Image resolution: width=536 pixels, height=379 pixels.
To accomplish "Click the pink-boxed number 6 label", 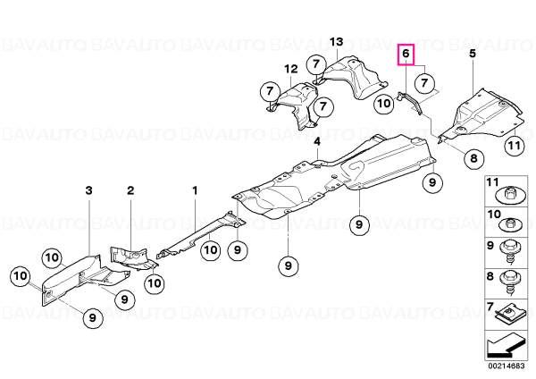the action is pos(406,54).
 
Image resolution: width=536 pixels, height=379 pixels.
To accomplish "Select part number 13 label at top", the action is pos(337,42).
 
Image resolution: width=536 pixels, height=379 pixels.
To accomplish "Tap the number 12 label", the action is pos(291,69).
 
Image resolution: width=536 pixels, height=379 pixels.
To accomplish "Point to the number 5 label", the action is pos(473,54).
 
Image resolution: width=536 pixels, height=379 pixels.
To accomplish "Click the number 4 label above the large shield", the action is pos(317,141).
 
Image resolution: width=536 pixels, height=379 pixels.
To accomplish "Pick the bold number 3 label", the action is pos(88,190).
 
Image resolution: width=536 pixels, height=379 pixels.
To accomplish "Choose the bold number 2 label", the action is pos(130,190).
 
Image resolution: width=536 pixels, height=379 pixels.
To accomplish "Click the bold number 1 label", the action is pos(195,190).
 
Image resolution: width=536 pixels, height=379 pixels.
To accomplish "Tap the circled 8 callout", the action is pos(473,158).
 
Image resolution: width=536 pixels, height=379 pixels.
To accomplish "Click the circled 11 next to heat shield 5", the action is pos(515,146).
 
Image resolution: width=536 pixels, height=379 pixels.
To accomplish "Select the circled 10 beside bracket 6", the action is pos(384,103).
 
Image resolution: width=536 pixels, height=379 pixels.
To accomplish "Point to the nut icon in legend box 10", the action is pos(510,225).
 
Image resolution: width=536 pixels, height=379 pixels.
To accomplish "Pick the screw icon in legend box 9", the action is pos(510,252).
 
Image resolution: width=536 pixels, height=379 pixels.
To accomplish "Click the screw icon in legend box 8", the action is pos(510,282).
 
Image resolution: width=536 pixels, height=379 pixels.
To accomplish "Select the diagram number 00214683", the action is pos(507,366).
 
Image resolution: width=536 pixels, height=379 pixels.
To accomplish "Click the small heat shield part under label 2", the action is pos(132,257).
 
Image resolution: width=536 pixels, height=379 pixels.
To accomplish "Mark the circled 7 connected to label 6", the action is pos(424,83).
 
